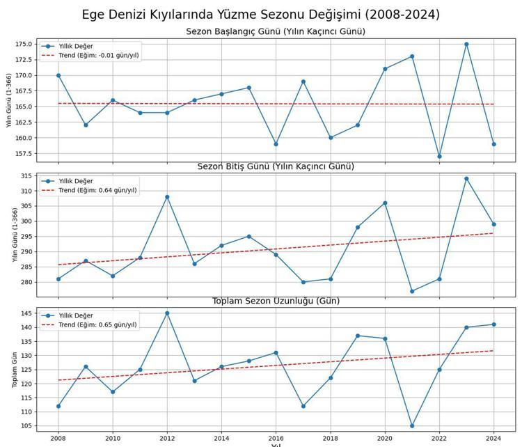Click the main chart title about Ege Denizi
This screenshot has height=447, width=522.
point(260,15)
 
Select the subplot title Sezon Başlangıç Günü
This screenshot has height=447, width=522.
point(276,31)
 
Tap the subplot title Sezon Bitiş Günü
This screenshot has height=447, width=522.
point(276,166)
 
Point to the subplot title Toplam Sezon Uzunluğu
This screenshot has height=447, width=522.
point(276,301)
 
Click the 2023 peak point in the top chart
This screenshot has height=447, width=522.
point(466,44)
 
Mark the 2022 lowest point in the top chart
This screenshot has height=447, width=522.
point(439,156)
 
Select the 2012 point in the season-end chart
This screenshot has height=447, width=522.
point(167,197)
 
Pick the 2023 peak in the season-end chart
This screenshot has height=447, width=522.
point(466,179)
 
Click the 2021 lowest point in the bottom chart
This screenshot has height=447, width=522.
point(412,425)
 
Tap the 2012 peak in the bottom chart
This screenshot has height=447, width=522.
point(167,313)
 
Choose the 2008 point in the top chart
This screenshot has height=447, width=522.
point(58,75)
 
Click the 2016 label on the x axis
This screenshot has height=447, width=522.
point(276,439)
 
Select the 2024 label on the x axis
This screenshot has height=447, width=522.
point(493,439)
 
